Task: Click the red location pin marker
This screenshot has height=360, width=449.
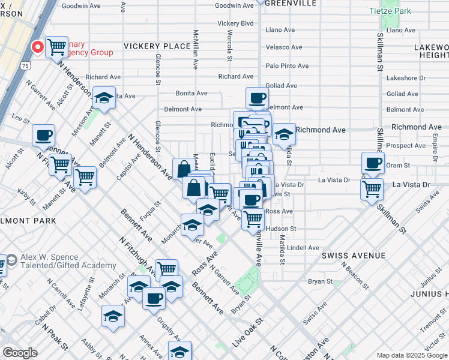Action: pyautogui.click(x=37, y=47)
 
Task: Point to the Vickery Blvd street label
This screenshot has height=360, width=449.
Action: pyautogui.click(x=235, y=23)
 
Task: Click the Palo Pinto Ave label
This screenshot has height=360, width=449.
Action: pyautogui.click(x=287, y=66)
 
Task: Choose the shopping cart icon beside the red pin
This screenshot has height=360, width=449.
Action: pyautogui.click(x=56, y=46)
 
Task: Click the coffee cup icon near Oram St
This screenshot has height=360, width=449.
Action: pyautogui.click(x=373, y=161)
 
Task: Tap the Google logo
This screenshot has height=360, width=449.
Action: pyautogui.click(x=20, y=353)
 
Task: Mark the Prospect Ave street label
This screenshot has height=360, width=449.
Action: pyautogui.click(x=406, y=146)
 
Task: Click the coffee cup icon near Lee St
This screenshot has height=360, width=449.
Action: pyautogui.click(x=43, y=135)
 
